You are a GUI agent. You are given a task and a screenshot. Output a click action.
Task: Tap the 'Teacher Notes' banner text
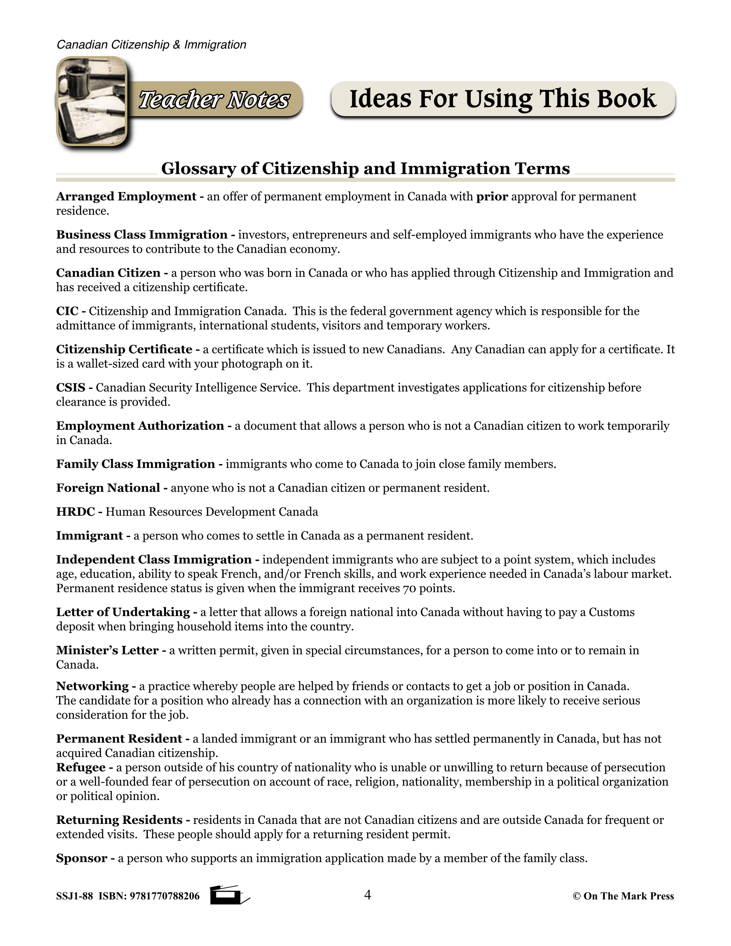(x=213, y=100)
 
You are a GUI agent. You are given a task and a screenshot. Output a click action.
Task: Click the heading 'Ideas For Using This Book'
(x=502, y=99)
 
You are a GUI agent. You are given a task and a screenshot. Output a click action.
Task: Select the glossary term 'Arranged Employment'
(x=126, y=197)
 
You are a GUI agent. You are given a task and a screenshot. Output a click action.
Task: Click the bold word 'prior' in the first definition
(x=492, y=197)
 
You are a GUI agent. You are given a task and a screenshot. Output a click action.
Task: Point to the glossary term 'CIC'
(x=67, y=311)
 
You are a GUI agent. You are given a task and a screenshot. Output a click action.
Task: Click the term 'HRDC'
(x=75, y=512)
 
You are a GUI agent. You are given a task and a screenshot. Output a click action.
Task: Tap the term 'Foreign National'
(x=108, y=488)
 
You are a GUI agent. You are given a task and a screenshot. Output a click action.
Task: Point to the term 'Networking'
(x=92, y=686)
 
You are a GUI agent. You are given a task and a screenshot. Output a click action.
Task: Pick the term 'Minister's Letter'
(x=107, y=650)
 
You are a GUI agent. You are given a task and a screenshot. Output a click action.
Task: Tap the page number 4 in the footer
(x=367, y=895)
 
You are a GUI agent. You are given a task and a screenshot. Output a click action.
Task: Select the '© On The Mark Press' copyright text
(x=623, y=896)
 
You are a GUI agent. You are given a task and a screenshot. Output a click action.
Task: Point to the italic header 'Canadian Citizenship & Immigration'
(x=151, y=45)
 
